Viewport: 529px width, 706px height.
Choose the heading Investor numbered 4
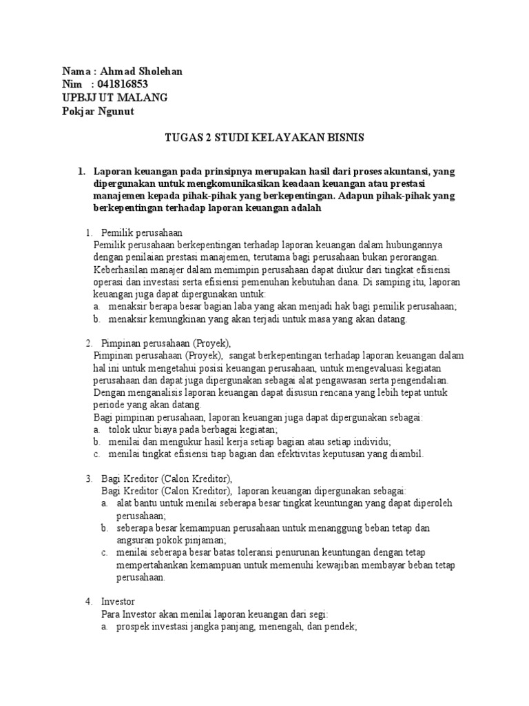pos(118,601)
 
